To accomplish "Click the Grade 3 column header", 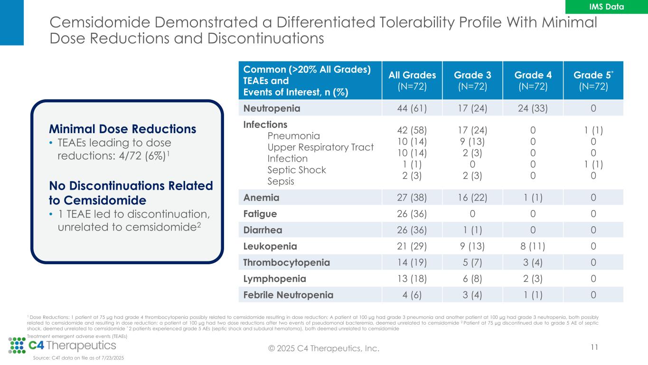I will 472,80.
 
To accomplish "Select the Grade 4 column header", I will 533,80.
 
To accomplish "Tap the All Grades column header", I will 412,80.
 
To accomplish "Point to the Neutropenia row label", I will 272,108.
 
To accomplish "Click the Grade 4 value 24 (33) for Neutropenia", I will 533,108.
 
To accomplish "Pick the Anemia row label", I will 261,197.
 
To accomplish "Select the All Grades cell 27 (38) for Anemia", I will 412,197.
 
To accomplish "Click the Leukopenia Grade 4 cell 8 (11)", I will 533,246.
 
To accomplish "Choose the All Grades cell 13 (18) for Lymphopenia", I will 412,279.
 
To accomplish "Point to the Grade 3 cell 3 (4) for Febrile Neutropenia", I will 472,295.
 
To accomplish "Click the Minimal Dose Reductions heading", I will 122,129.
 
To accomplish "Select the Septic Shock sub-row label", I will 297,170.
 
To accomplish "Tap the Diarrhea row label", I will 263,230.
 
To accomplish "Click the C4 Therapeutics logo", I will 62,345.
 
